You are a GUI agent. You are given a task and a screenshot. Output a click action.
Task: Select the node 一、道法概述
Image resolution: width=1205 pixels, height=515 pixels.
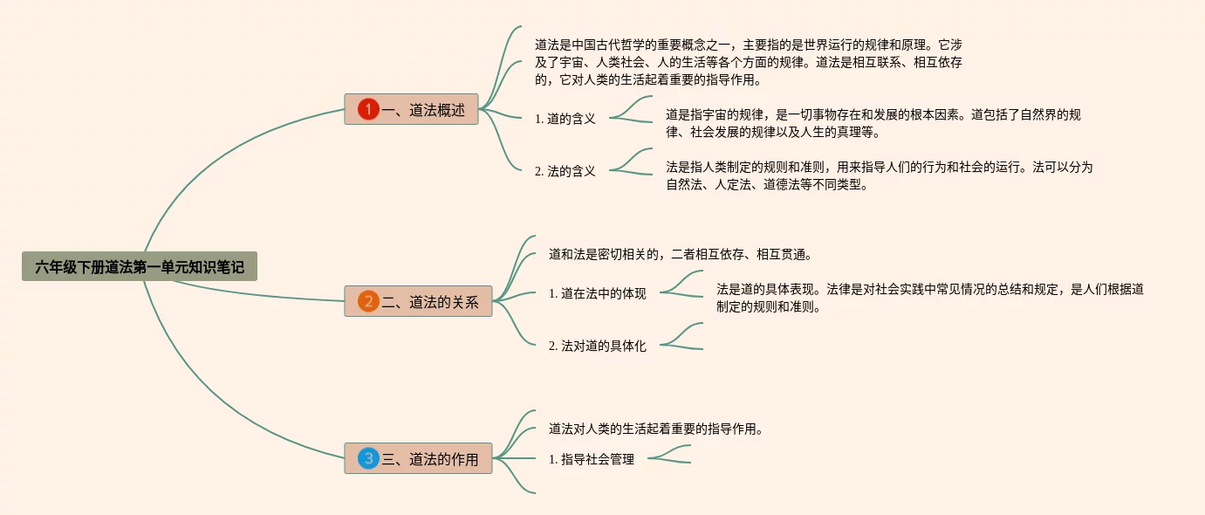coord(411,109)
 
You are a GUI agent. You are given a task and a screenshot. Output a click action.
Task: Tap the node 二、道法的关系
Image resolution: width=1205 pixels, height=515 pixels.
coord(418,302)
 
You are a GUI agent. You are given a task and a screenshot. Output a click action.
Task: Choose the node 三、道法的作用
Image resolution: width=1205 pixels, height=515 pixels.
coord(418,458)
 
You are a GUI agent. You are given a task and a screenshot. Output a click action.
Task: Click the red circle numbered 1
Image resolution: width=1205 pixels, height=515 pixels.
coord(368,109)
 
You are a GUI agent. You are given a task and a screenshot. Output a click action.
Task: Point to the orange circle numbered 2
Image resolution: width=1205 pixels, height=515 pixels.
coord(368,302)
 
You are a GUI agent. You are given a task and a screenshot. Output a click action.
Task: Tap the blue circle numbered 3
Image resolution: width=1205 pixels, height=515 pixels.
coord(368,458)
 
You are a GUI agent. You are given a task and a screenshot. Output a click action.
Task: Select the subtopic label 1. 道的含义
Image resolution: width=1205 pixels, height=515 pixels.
coord(565,119)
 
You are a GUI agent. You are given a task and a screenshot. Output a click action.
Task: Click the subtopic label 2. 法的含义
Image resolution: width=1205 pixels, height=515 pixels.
coord(565,171)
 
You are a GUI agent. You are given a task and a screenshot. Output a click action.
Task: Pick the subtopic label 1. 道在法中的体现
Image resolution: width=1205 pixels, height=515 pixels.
coord(597,293)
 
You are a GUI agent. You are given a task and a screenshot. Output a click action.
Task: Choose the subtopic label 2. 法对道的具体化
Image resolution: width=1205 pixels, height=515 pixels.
coord(597,346)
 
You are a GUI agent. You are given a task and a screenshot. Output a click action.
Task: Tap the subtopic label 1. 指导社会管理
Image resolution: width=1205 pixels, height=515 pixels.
coord(591,459)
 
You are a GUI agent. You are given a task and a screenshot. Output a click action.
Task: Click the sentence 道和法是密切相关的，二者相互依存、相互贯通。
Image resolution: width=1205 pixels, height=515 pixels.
coord(680,255)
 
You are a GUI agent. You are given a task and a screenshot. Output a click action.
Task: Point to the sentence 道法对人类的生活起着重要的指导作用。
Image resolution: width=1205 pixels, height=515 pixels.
coord(656,429)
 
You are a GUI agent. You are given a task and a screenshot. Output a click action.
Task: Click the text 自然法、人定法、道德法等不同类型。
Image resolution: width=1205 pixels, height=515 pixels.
coord(767,184)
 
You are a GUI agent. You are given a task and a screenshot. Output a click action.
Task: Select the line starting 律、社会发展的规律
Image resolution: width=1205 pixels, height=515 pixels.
coord(773,133)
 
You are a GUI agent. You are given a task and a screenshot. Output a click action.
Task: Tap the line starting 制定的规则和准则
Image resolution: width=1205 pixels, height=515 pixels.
coord(768,306)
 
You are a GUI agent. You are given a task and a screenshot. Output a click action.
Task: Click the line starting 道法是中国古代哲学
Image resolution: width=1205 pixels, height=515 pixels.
coord(748,44)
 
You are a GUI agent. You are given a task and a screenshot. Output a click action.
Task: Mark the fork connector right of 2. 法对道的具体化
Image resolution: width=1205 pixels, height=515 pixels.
coord(681,337)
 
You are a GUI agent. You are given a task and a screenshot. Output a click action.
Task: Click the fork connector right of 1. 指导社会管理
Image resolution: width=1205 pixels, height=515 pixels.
coord(668,454)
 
